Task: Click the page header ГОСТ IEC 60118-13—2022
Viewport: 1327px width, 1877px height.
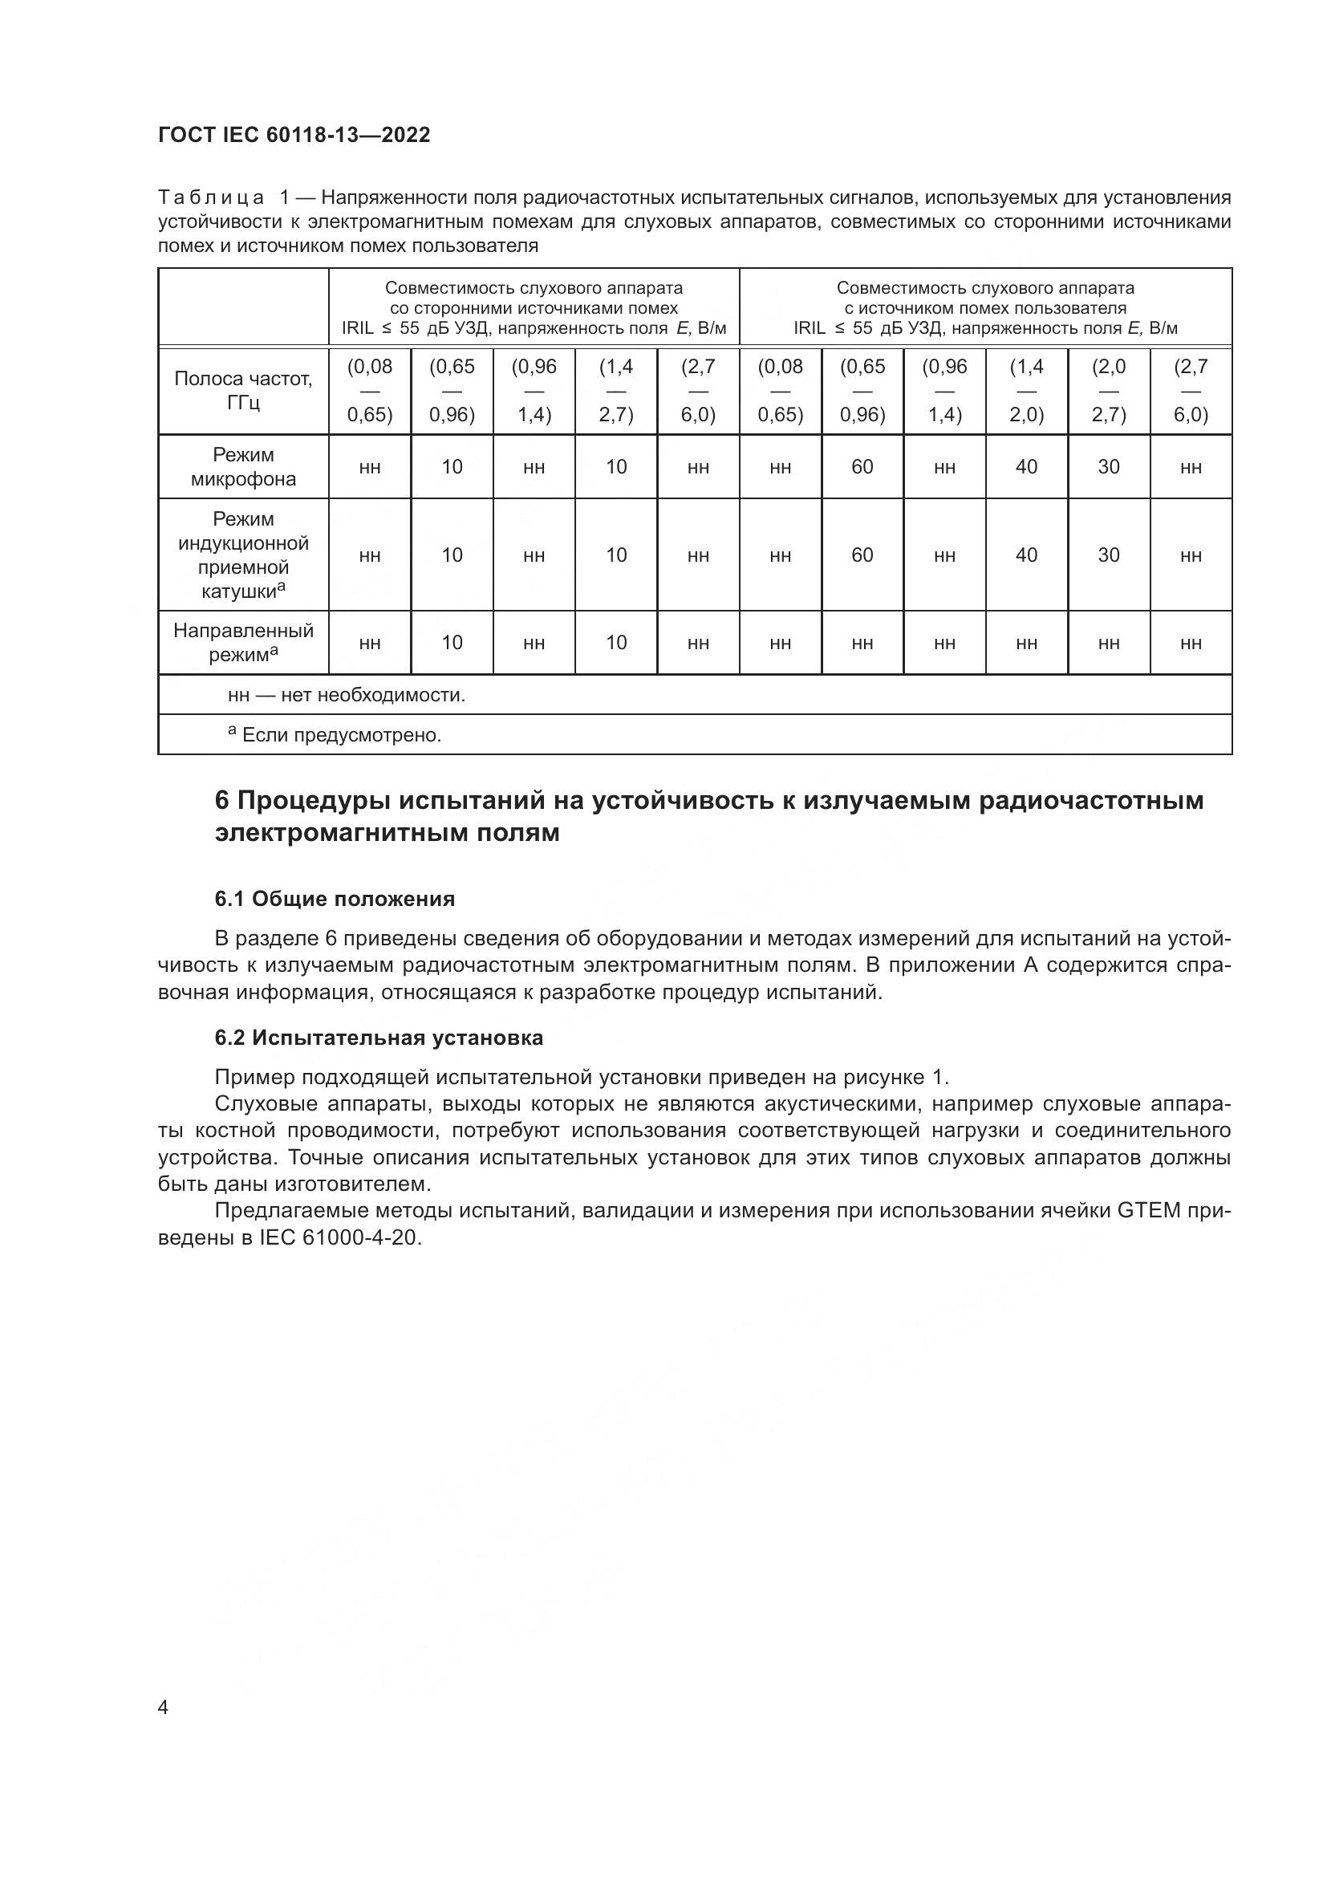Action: coord(294,135)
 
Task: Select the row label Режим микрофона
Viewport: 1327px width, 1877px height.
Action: coord(244,467)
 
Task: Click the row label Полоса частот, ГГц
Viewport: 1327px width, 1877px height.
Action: coord(244,391)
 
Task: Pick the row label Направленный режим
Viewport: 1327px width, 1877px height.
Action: coord(244,643)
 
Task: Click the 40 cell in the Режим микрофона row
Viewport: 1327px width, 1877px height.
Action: coord(1026,467)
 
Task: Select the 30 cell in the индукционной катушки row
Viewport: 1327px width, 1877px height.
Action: coord(1108,555)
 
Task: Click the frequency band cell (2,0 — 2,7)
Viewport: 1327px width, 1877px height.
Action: coord(1108,391)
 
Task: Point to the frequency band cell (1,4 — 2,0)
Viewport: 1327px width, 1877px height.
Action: coord(1026,391)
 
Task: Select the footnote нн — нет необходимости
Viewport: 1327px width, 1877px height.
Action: coord(347,696)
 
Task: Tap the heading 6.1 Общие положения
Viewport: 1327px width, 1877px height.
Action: coord(335,900)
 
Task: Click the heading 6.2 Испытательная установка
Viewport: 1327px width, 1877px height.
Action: coord(379,1038)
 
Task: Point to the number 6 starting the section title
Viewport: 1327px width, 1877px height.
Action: coord(221,799)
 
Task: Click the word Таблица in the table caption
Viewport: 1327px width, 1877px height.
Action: coord(211,198)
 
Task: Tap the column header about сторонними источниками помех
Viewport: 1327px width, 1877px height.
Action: coord(534,308)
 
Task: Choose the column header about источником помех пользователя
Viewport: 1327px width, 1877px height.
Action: coord(985,308)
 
